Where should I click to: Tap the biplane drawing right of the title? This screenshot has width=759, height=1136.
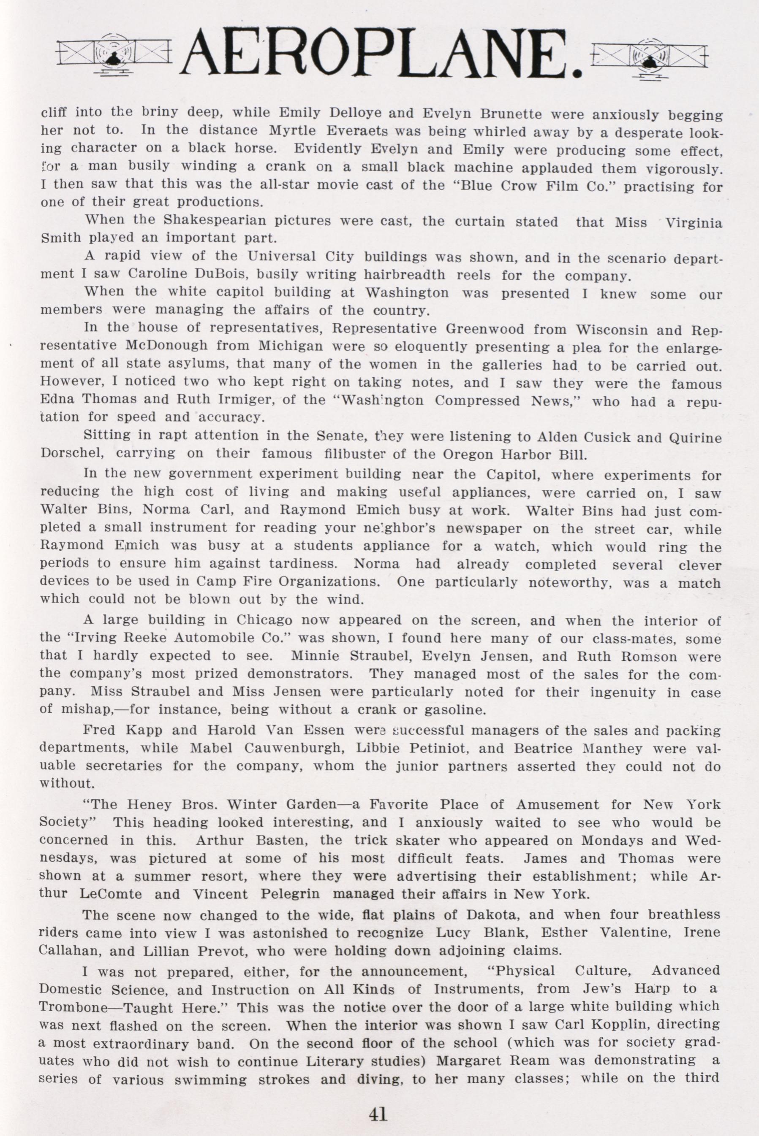tap(649, 57)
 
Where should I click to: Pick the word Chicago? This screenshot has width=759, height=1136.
tap(264, 620)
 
